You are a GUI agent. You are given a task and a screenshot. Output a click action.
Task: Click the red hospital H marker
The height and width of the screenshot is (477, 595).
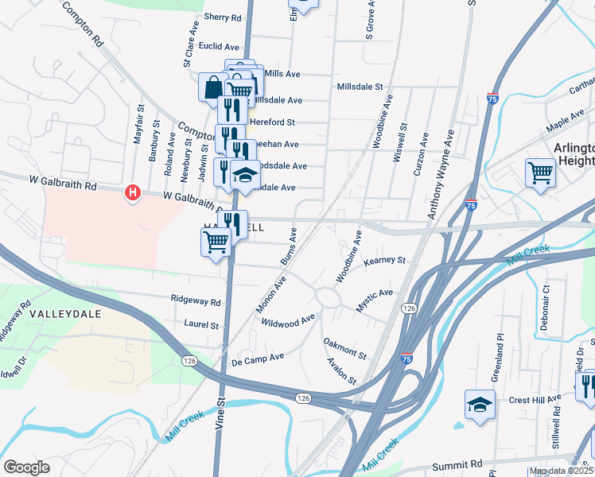click(x=133, y=192)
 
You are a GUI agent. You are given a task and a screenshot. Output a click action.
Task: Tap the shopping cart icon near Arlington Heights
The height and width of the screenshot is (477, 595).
click(x=540, y=172)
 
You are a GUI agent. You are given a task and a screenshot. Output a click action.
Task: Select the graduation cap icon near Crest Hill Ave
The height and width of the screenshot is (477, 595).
click(x=480, y=405)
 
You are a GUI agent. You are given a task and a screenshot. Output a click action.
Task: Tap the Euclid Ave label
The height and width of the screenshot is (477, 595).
click(x=219, y=47)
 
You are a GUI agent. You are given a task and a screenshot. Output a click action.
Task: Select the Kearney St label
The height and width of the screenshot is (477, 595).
click(x=385, y=260)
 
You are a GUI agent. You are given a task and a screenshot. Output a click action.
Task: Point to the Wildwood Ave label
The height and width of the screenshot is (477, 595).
click(x=288, y=320)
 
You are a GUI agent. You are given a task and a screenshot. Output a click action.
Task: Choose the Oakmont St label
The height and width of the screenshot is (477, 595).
click(x=344, y=348)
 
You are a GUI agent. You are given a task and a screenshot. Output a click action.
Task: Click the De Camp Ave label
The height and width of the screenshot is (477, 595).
click(x=257, y=359)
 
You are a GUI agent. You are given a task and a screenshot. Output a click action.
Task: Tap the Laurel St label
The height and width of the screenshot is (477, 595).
click(x=201, y=324)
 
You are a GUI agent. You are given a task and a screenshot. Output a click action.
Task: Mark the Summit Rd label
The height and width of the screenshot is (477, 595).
click(x=457, y=463)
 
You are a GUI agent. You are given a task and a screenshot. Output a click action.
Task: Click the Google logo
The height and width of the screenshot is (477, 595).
click(x=26, y=467)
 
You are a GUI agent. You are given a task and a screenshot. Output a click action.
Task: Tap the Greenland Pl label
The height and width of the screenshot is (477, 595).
click(x=500, y=355)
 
